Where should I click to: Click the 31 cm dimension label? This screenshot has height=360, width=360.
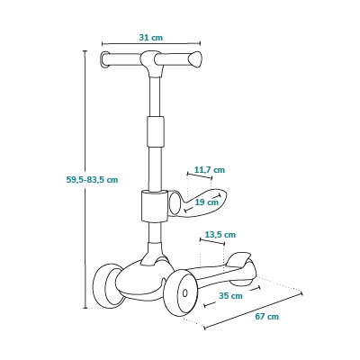pos(151,38)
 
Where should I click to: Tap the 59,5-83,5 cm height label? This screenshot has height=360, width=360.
pos(92,180)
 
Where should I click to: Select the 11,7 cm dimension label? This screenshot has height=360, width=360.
pos(210,170)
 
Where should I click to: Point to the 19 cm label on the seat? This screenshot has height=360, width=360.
pos(207,202)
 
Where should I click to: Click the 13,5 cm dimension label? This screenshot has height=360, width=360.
pos(220,234)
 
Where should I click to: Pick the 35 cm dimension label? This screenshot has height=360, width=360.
pos(230,295)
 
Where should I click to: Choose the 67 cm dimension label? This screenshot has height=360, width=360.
pos(267,316)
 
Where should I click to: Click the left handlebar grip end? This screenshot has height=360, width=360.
pos(104,59)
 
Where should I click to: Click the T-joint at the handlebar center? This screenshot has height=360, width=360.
pos(151,62)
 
